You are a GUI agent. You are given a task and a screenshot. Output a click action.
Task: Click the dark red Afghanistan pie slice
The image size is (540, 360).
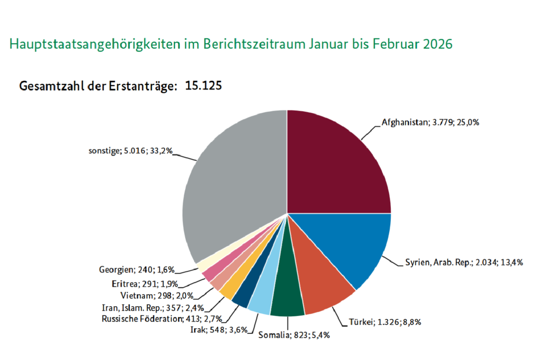coord(337,163)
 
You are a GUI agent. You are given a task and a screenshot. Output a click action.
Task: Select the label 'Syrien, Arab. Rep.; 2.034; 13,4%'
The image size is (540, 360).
coord(464,262)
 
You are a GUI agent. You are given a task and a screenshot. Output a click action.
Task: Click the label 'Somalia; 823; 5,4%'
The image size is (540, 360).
coord(294,335)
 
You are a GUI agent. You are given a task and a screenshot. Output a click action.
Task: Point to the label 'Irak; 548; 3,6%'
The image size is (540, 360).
coord(211,329)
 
